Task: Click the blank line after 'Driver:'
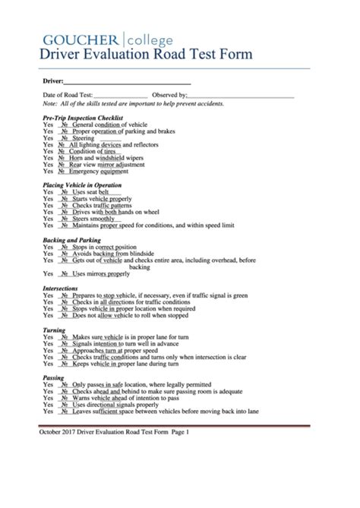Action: (x=126, y=81)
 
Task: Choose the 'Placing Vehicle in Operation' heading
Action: (x=82, y=185)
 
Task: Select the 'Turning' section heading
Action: (x=55, y=330)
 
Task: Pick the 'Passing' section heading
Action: (x=53, y=377)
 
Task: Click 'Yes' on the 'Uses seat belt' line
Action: (x=48, y=193)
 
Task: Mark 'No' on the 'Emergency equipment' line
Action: (x=64, y=171)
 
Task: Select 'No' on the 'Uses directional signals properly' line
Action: (x=64, y=405)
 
